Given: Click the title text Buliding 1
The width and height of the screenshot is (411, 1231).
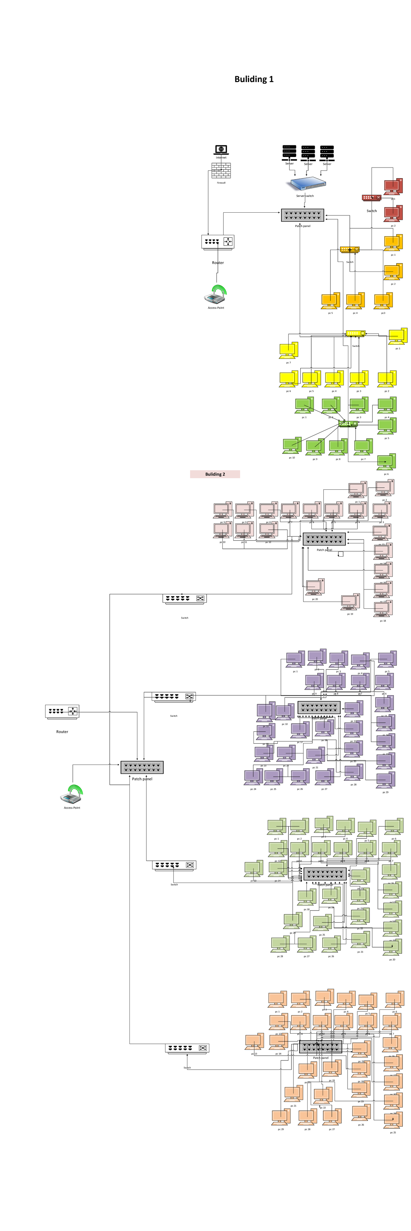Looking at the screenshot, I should tap(253, 79).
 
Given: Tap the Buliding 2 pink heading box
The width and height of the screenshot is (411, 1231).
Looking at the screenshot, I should tap(215, 474).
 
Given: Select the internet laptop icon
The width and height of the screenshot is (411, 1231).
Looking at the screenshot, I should tap(221, 150).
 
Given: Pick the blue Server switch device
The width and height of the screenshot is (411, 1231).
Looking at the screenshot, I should tap(307, 184).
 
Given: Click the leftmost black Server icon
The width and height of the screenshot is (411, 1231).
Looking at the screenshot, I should tap(289, 153).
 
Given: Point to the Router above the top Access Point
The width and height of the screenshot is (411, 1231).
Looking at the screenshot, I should tap(218, 242).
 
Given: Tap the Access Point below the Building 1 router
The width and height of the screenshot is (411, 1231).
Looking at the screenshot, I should tap(216, 294).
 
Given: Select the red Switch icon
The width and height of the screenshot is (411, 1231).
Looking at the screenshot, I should tap(371, 197).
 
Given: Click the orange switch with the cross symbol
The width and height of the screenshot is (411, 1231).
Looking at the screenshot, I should tap(350, 250).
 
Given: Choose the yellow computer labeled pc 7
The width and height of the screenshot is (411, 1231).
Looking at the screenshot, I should tap(288, 350).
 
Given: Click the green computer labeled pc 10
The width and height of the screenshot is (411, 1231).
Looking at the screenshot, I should tap(292, 445).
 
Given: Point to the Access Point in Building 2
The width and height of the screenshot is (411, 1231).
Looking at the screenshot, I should tap(72, 793).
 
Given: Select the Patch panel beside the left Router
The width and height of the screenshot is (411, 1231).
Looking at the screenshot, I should tap(142, 767).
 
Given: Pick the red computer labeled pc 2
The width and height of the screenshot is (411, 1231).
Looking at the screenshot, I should tap(393, 214).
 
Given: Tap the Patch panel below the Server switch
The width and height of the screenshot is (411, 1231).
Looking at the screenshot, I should tap(302, 215).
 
